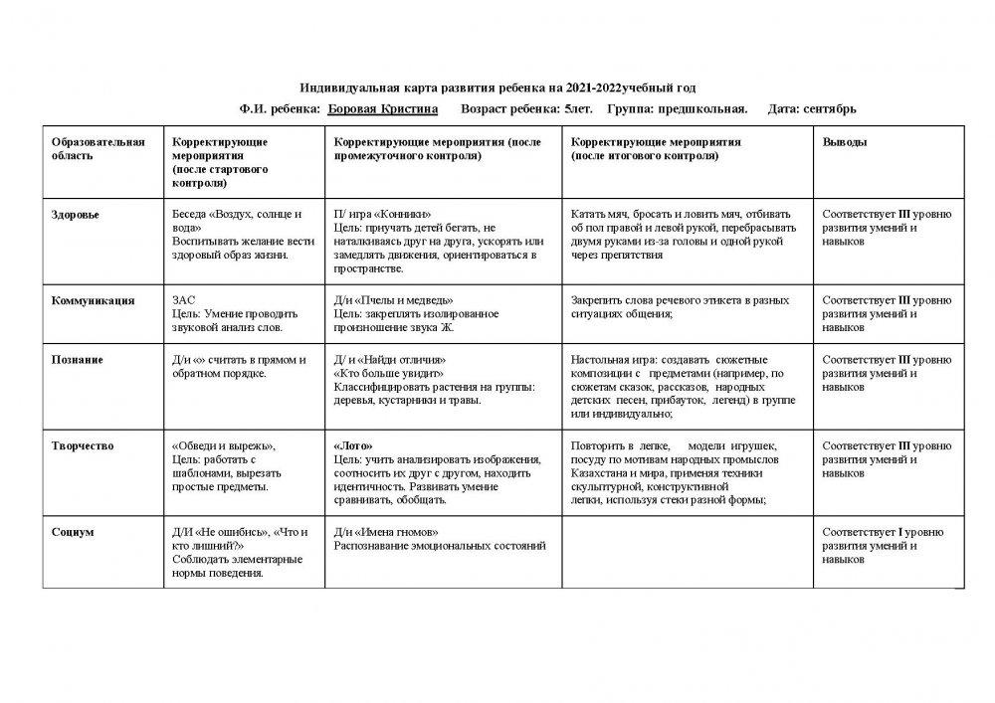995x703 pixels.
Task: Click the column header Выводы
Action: (844, 142)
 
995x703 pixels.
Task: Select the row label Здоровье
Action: (76, 214)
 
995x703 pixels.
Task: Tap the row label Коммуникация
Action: (93, 299)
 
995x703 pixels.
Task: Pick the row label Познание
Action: (78, 359)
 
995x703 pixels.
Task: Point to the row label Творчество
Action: (82, 445)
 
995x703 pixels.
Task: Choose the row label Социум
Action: (73, 532)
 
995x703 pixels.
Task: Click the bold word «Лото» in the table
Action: (354, 445)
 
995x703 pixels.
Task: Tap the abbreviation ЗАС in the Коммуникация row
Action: (184, 299)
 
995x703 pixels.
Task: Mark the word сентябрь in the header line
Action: (826, 108)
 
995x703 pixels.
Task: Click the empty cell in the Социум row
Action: (689, 552)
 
